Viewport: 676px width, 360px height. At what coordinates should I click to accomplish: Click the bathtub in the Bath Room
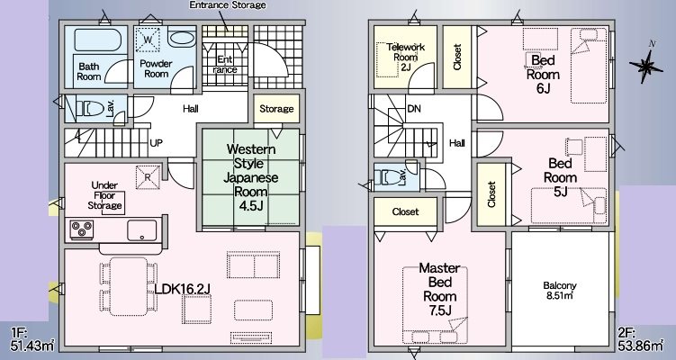point(98,40)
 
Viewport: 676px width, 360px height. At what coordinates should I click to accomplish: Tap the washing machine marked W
point(148,40)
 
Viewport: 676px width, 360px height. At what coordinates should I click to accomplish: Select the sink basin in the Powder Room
point(181,39)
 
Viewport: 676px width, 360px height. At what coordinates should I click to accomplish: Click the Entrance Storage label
point(228,5)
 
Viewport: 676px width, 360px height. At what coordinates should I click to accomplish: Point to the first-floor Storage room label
point(276,109)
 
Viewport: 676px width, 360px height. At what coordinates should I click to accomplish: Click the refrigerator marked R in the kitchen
point(148,176)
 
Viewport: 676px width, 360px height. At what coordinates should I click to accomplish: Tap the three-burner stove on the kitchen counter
point(82,229)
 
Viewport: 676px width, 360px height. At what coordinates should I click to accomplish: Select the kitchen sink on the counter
point(142,230)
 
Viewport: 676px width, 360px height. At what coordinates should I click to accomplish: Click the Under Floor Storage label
point(104,195)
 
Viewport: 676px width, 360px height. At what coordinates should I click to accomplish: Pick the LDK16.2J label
point(182,289)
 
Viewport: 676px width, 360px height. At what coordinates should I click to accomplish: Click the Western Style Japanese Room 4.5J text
point(251,177)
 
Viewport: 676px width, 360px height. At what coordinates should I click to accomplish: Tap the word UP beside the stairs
point(156,142)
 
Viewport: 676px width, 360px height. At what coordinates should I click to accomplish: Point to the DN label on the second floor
point(414,109)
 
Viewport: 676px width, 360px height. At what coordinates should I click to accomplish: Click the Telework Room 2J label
point(406,57)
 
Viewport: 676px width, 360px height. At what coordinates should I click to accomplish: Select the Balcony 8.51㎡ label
point(560,291)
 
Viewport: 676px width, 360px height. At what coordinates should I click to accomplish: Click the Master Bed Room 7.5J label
point(439,289)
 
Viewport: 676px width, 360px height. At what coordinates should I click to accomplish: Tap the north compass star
point(645,66)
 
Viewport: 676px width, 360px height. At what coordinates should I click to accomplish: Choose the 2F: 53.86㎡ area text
point(640,339)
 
